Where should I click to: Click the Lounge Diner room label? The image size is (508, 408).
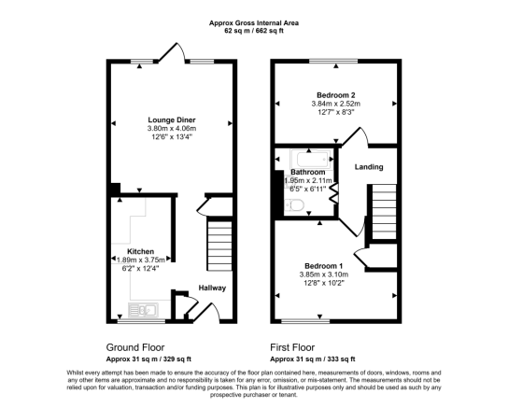172,120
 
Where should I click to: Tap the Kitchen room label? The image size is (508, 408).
140,251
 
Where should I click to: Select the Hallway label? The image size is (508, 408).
212,288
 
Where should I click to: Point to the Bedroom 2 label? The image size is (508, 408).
336,95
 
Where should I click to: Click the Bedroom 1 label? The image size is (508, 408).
324,266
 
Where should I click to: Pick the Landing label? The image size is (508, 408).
369,167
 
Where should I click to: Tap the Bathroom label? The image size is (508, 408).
308,172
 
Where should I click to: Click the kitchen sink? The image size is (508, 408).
143,310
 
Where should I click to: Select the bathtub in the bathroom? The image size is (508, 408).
311,159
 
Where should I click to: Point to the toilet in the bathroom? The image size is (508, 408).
294,205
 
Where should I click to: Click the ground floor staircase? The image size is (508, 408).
219,246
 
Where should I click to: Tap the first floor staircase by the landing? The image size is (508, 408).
384,212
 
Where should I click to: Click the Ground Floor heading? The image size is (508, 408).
135,347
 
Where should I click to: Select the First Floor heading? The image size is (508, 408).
292,347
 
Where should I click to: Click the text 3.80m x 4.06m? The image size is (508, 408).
172,129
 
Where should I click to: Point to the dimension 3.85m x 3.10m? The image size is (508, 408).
324,274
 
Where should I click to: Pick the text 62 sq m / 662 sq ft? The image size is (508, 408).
254,31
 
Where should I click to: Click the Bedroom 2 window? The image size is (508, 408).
333,61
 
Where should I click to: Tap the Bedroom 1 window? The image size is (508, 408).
305,321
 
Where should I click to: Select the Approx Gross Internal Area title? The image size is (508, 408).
254,23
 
